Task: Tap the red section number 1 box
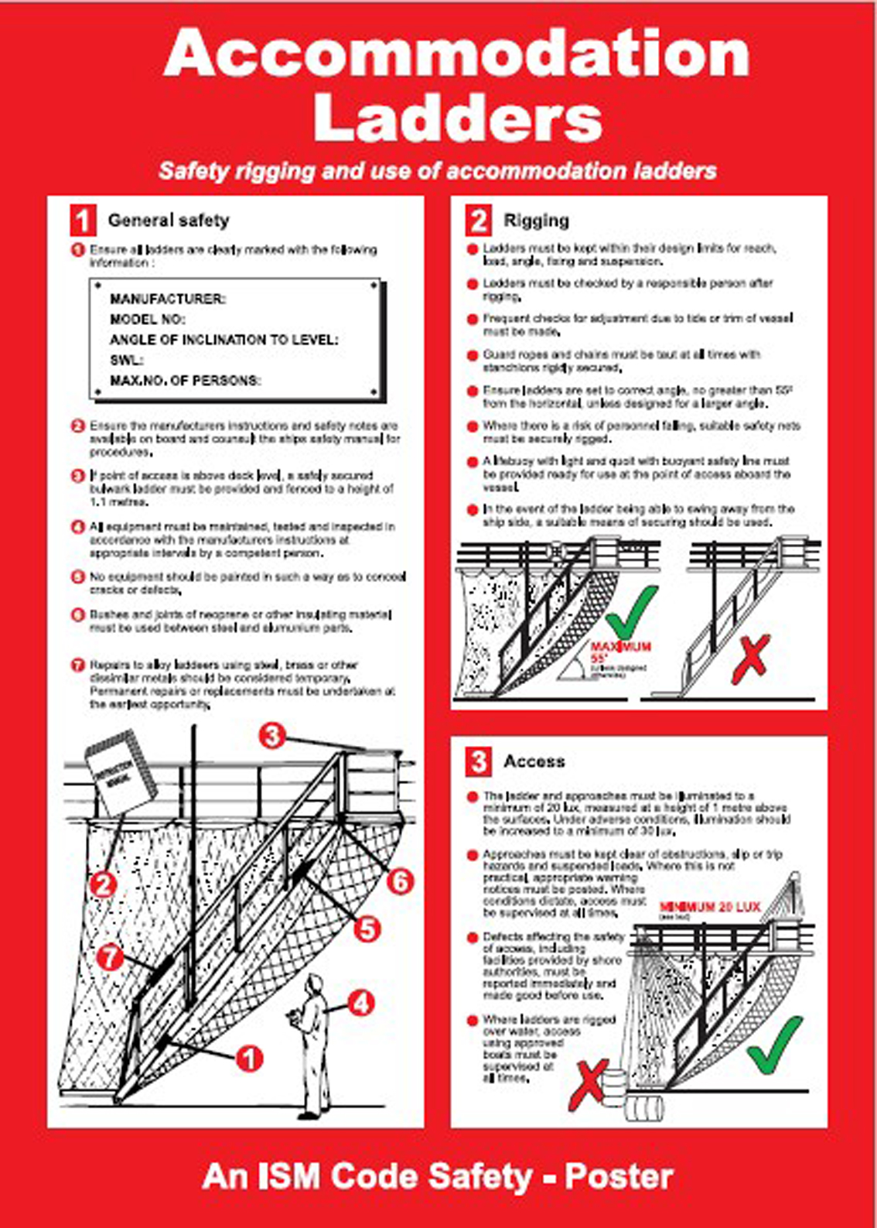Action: coord(83,221)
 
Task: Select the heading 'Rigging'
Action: coord(536,221)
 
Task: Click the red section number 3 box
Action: coord(478,761)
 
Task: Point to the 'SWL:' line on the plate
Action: coord(127,360)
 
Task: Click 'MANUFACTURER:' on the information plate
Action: coord(167,299)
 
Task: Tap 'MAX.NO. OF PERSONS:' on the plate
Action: coord(185,381)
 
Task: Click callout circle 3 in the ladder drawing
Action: coord(271,735)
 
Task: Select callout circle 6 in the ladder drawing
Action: coord(399,881)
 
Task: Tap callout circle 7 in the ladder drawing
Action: coord(111,956)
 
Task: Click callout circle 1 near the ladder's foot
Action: coord(249,1058)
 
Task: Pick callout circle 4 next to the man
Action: coord(360,1004)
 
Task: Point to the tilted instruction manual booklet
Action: coord(120,772)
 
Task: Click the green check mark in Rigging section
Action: coord(630,611)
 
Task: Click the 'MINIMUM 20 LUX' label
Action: coord(709,907)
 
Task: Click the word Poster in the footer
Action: coord(619,1177)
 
